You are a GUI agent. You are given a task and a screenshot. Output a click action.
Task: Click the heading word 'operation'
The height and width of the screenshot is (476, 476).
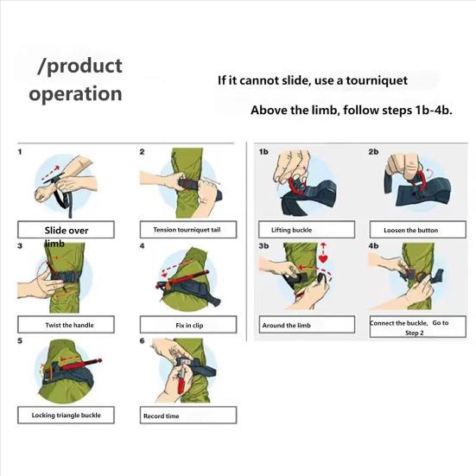pyautogui.click(x=76, y=93)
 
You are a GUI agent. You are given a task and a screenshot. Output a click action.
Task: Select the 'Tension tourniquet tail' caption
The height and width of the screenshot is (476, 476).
pyautogui.click(x=187, y=230)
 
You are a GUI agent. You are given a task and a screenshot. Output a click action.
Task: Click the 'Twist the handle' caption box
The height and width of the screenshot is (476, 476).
pyautogui.click(x=69, y=325)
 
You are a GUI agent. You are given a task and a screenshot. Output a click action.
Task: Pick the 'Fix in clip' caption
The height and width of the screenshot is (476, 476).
pyautogui.click(x=188, y=325)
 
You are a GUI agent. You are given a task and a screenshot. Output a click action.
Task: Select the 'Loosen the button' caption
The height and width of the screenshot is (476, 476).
pyautogui.click(x=410, y=230)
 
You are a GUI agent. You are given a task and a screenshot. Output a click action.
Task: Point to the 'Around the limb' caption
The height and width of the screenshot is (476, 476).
pyautogui.click(x=288, y=326)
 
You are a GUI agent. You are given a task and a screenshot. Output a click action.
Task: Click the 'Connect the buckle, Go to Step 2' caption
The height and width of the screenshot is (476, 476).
pyautogui.click(x=410, y=326)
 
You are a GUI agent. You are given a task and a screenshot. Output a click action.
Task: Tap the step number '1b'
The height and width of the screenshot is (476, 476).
pyautogui.click(x=264, y=152)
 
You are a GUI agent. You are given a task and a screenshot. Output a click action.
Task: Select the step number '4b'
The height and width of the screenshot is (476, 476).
pyautogui.click(x=373, y=246)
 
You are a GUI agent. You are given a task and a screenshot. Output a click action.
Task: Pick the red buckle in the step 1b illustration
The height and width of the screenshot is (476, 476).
pyautogui.click(x=296, y=186)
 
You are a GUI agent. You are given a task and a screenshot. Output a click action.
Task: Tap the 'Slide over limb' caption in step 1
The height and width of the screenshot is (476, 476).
pyautogui.click(x=67, y=231)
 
